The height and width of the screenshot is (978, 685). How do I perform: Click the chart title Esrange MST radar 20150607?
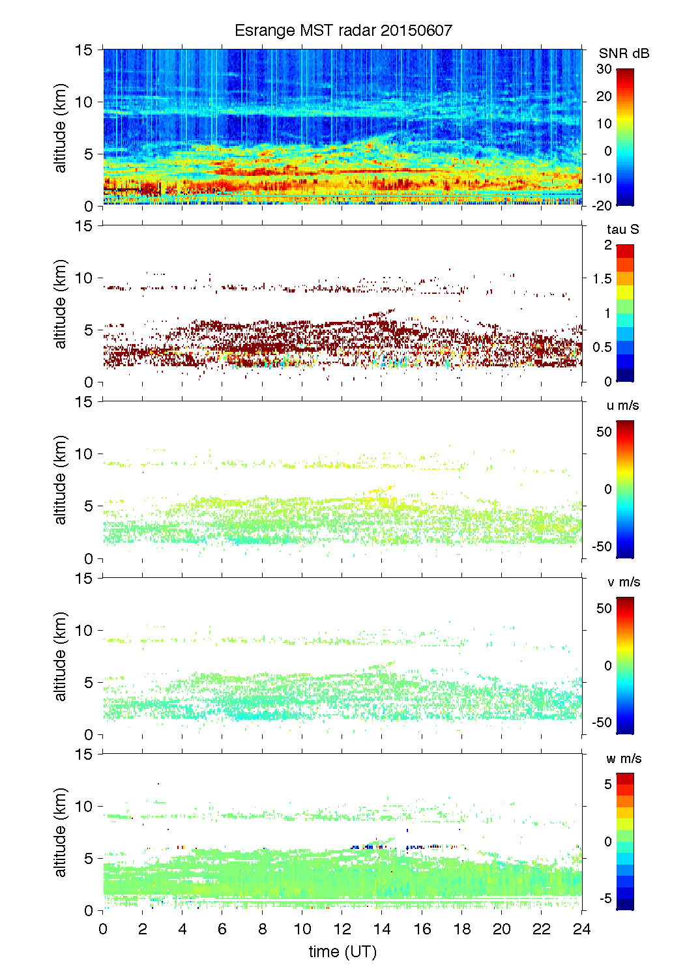click(x=343, y=31)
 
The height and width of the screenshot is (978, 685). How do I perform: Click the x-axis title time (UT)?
click(x=343, y=952)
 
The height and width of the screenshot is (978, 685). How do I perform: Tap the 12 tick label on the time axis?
click(x=343, y=929)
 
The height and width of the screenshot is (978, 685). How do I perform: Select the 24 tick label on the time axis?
click(x=581, y=929)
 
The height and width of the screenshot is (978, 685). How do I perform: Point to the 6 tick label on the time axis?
click(x=223, y=929)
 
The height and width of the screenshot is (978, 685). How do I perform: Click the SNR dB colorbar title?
click(x=624, y=53)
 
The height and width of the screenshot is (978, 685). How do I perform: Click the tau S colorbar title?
click(x=622, y=229)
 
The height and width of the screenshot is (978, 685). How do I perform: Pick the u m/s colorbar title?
click(x=622, y=405)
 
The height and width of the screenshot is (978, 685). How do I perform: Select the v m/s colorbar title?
click(x=623, y=582)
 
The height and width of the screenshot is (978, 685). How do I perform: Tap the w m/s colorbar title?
click(x=624, y=758)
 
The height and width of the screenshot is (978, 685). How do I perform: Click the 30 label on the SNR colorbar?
click(x=604, y=69)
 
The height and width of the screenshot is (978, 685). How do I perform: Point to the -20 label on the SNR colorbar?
click(x=602, y=206)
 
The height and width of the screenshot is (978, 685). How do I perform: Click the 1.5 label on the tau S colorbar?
click(x=602, y=279)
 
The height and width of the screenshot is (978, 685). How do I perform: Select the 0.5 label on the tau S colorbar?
click(x=602, y=347)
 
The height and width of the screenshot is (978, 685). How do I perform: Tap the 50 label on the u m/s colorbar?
click(x=604, y=432)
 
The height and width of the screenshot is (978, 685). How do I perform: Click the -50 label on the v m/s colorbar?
click(x=602, y=723)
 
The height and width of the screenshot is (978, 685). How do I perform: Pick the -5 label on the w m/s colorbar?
click(x=605, y=899)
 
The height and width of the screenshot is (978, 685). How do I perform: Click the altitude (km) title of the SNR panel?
click(x=61, y=128)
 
